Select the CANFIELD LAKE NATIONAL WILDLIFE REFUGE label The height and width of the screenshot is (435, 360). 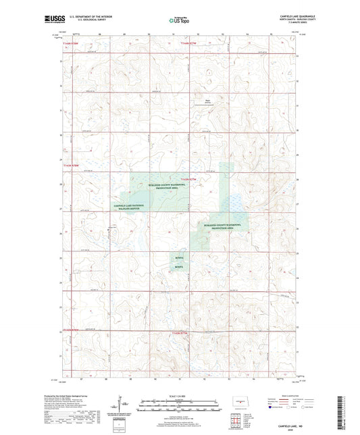pyautogui.click(x=130, y=207)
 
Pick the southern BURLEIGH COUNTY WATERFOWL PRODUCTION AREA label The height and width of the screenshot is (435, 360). pyautogui.click(x=222, y=228)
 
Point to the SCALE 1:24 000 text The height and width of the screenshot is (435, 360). pyautogui.click(x=179, y=395)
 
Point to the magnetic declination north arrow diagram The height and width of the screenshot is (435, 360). pyautogui.click(x=124, y=407)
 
